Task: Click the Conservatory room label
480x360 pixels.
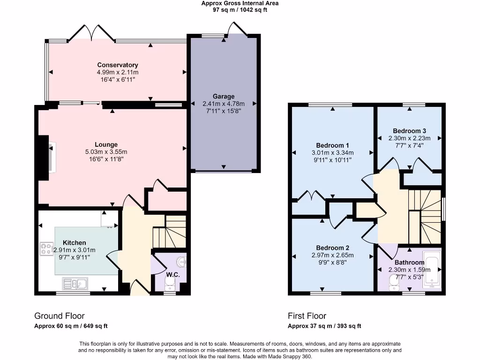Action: point(118,65)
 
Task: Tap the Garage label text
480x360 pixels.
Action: point(224,97)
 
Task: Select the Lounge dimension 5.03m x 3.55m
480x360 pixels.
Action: point(106,152)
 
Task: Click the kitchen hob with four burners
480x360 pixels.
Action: point(46,248)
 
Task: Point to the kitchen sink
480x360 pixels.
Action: point(75,284)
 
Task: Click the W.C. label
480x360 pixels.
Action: point(173,275)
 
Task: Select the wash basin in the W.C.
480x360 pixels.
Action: point(181,262)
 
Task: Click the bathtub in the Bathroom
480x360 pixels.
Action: point(432,270)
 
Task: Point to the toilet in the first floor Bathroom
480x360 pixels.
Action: point(394,283)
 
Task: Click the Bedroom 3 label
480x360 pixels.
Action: point(409,131)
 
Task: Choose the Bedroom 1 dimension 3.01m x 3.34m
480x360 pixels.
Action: point(332,153)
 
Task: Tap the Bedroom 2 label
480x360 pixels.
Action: point(332,248)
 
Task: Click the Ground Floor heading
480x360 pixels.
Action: point(60,316)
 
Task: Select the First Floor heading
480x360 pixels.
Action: point(307,316)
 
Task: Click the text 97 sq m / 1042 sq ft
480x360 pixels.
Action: point(240,10)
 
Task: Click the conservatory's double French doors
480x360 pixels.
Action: point(91,33)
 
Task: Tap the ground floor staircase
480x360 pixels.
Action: point(170,232)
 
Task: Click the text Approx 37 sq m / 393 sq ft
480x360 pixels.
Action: point(324,326)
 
